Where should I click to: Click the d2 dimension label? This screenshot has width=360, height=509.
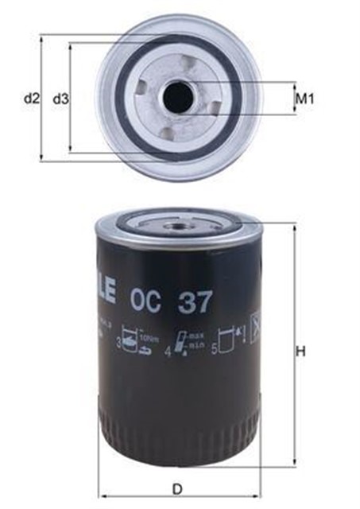pos(30,99)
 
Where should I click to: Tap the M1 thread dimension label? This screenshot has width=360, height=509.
pos(306,99)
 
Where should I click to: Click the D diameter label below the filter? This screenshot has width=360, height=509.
pos(178,488)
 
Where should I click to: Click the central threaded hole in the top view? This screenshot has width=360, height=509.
pos(176,97)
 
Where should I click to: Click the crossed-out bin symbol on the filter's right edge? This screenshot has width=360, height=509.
pos(257,326)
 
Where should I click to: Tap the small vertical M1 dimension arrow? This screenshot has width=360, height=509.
pos(293,99)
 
